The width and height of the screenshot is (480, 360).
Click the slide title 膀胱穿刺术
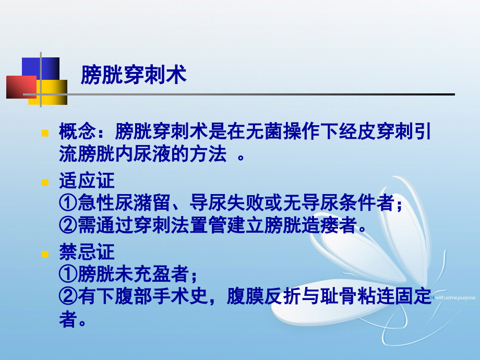point(134,75)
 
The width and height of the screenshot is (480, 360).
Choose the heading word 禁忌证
point(87,253)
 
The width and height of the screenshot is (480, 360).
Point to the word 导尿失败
point(229,203)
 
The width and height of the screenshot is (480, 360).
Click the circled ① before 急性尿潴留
point(68,203)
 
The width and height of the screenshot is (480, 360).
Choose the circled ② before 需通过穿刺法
point(68,225)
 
